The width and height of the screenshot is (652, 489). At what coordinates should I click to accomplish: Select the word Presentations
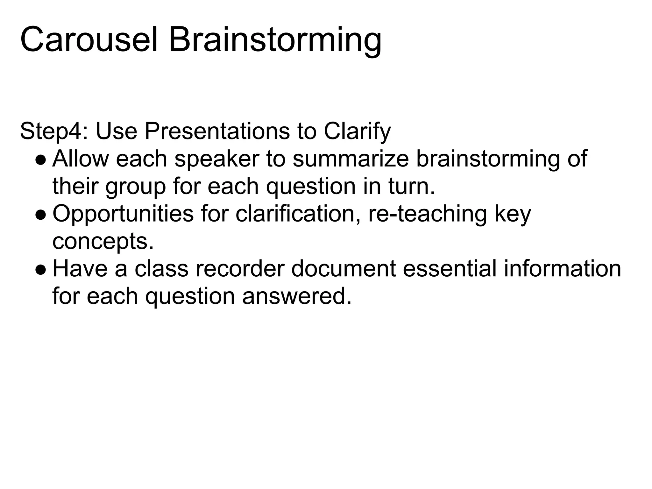pos(217,131)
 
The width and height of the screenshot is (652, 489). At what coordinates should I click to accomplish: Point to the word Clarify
pos(357,131)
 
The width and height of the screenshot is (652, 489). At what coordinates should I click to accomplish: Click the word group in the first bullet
pos(136,187)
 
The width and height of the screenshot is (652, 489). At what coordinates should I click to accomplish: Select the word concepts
pos(103,242)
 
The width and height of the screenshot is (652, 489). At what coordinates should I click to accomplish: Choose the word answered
pos(297,296)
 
